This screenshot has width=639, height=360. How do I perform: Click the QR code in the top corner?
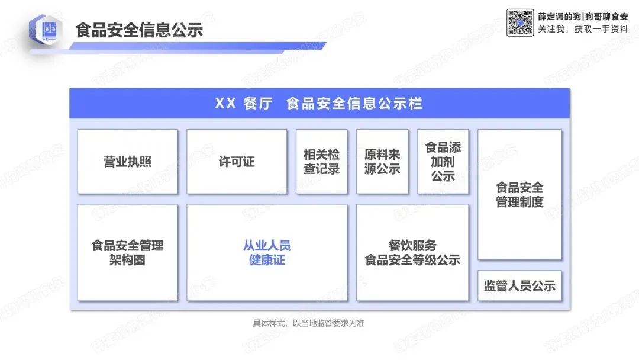(521, 22)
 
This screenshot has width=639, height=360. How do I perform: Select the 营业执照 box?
(127, 162)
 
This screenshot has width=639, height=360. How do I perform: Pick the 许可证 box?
(237, 162)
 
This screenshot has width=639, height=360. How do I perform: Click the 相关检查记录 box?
(321, 162)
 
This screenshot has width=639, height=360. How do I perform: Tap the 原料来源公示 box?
(382, 162)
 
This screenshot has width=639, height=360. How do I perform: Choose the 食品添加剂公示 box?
(443, 162)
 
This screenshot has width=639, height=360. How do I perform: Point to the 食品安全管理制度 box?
(519, 195)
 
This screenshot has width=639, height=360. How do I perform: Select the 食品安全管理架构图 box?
(127, 253)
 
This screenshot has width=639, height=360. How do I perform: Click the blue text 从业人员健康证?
(267, 253)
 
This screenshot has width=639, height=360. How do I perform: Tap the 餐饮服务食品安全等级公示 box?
(412, 253)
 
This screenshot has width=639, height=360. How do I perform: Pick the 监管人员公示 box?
(519, 286)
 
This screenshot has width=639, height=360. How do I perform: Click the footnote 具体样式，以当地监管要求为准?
(312, 323)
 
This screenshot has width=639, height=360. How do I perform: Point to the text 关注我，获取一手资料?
(582, 28)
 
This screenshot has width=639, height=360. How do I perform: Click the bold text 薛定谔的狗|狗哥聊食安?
(582, 15)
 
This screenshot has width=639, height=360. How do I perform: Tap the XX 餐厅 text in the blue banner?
(243, 104)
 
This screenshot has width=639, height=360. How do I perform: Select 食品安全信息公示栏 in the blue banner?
(354, 104)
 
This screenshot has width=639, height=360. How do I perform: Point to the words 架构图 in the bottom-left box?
(127, 260)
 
